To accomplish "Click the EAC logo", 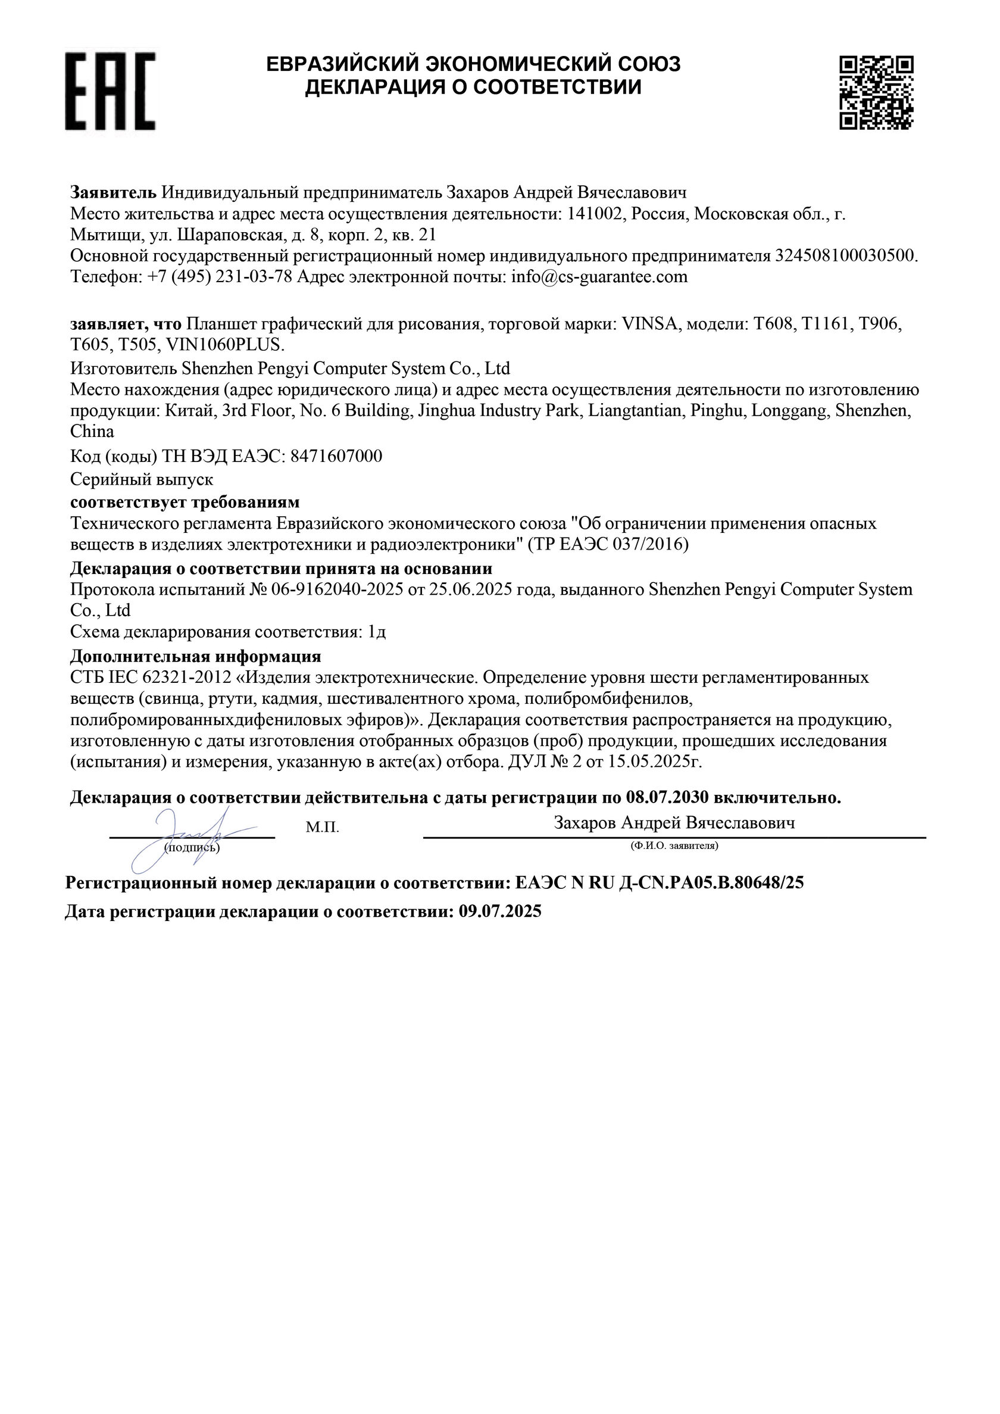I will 110,91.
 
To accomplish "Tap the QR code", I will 876,92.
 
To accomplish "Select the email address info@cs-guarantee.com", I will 599,277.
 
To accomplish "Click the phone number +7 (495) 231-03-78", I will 220,277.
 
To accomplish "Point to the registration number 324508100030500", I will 844,256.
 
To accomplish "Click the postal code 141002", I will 592,214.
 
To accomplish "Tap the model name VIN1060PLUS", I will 226,344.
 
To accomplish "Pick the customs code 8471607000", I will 336,456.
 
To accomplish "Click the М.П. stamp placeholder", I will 322,828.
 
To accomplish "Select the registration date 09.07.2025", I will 500,912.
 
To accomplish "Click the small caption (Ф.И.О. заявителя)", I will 674,846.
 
